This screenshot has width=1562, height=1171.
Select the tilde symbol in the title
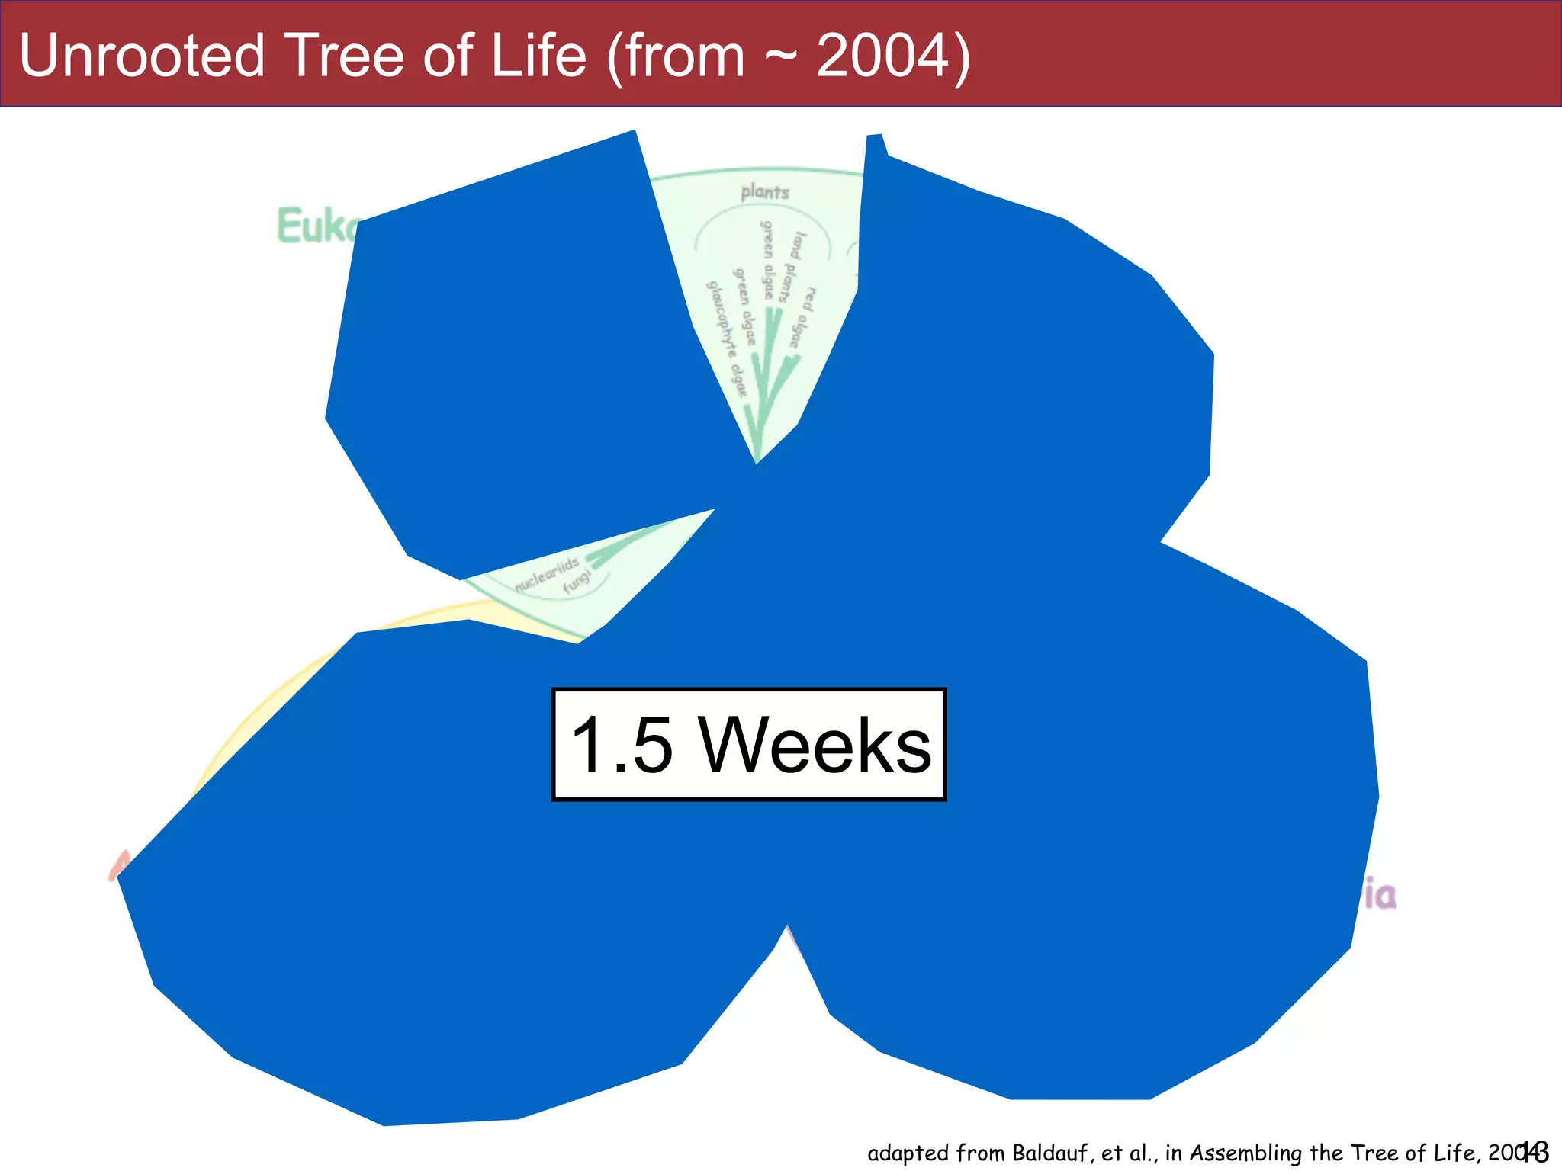(779, 57)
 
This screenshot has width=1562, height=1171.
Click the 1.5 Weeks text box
(749, 745)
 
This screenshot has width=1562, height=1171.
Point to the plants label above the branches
(764, 192)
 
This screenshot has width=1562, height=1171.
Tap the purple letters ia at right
(1380, 895)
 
